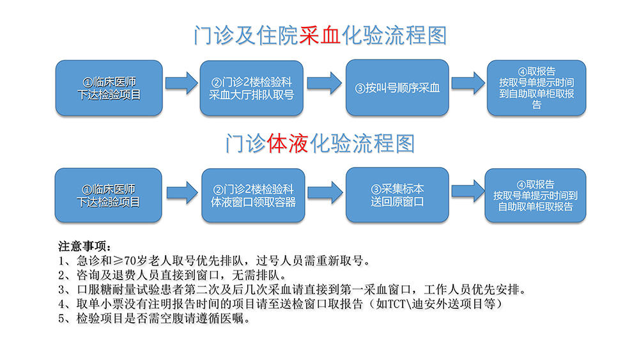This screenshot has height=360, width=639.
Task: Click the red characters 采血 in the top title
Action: [x=320, y=35]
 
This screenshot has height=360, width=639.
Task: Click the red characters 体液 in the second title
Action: [x=288, y=143]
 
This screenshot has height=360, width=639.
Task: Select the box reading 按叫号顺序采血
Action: [x=397, y=88]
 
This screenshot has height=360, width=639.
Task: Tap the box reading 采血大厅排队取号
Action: [x=251, y=88]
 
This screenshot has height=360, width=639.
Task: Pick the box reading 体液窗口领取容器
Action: [x=253, y=195]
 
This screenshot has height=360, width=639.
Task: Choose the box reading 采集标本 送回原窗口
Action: [x=397, y=195]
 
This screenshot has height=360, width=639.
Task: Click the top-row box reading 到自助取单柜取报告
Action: [x=536, y=88]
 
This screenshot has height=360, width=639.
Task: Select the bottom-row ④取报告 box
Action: [x=535, y=195]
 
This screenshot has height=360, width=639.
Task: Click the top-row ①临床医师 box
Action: [x=109, y=88]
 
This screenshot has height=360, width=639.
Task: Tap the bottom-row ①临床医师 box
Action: [x=109, y=195]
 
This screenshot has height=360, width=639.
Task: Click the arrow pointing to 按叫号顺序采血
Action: [x=325, y=83]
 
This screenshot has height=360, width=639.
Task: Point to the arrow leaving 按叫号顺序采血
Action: [x=468, y=83]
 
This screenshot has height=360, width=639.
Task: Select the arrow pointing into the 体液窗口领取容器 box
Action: [x=183, y=192]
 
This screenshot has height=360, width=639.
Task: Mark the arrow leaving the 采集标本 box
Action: [x=468, y=191]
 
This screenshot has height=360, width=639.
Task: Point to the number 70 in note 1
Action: [x=130, y=260]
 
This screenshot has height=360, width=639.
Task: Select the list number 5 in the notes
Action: [x=61, y=319]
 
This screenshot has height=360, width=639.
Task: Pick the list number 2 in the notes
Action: [x=61, y=276]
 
